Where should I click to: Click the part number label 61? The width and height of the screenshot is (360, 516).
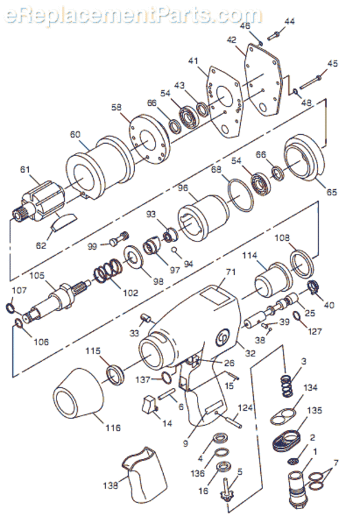25,170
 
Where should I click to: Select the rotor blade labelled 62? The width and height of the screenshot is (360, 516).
63,221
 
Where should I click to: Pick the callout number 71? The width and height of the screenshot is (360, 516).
231,272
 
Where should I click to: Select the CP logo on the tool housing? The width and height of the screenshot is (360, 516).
222,339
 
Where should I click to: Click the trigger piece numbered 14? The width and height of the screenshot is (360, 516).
149,404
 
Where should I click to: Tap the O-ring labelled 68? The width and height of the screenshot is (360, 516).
240,195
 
